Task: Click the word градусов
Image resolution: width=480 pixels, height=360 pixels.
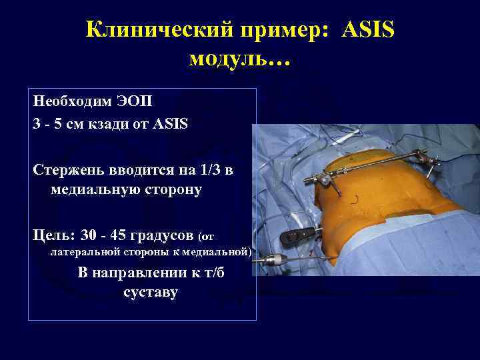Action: [x=163, y=235]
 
